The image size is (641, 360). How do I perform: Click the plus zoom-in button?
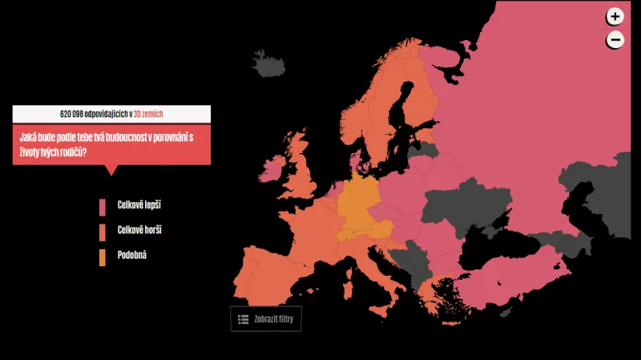tap(615, 16)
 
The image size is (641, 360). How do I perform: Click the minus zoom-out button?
tap(615, 39)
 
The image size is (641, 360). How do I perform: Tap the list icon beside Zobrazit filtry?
tap(243, 319)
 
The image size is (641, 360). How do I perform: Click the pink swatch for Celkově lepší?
tap(103, 207)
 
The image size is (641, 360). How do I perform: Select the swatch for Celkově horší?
tap(103, 232)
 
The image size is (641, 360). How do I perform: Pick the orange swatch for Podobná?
tap(103, 257)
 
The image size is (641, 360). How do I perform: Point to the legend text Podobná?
tap(132, 255)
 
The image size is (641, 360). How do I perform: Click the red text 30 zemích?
tap(148, 114)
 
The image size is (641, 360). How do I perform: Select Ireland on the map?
tap(270, 168)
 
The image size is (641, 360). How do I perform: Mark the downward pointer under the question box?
tap(111, 170)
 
